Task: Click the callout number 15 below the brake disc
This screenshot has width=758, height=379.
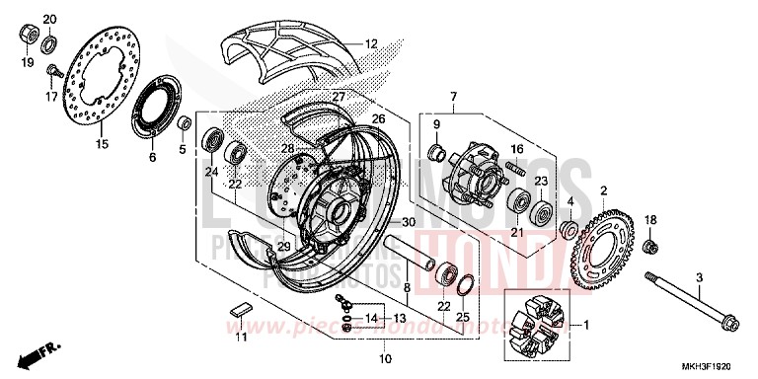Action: [101, 144]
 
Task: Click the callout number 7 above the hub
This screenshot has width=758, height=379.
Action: [453, 97]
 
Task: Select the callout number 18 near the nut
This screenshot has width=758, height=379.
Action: [649, 219]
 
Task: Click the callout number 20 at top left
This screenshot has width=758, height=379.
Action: [50, 19]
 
